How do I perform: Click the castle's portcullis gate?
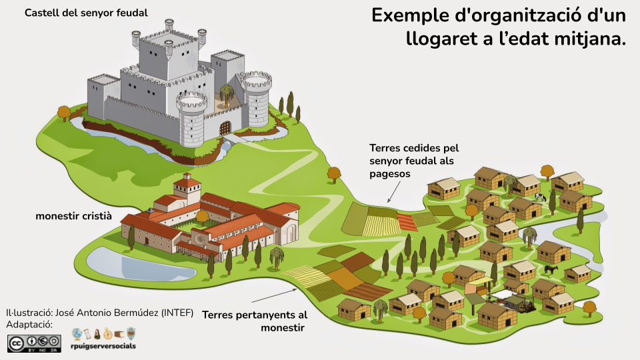point(225,127)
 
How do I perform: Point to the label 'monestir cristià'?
point(73,217)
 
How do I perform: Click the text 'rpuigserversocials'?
point(103,347)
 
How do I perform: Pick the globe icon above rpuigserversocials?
point(77,333)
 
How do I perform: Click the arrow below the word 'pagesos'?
point(393,191)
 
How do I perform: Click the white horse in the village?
point(540,197)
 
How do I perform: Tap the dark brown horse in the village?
point(551,269)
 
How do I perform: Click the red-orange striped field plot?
point(407,222)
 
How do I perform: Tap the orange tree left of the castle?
point(64,112)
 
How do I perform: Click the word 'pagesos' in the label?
point(390,173)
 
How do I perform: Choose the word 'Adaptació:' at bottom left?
point(29,325)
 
